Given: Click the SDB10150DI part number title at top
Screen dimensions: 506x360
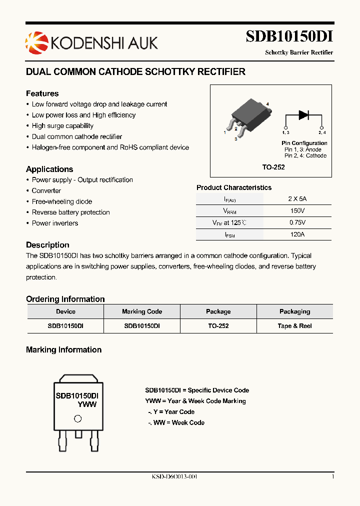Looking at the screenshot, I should pyautogui.click(x=289, y=37).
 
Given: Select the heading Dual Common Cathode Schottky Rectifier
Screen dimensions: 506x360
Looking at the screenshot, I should pyautogui.click(x=135, y=72).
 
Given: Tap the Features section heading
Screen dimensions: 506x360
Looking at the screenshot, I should pyautogui.click(x=42, y=93).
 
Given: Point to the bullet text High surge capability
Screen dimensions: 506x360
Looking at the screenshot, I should pyautogui.click(x=62, y=126).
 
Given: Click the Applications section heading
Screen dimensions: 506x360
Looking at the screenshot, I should pyautogui.click(x=49, y=169).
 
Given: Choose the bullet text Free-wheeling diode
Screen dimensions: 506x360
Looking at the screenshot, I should pyautogui.click(x=62, y=201).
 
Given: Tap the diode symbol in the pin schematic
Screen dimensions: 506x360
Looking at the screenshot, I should pyautogui.click(x=303, y=114).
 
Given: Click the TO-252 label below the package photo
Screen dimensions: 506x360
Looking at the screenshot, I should pyautogui.click(x=273, y=167).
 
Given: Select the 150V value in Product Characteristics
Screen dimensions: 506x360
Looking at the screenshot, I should pyautogui.click(x=297, y=211).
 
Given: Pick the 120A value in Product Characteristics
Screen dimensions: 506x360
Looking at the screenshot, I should pyautogui.click(x=297, y=234).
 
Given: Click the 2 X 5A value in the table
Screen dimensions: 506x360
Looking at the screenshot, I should pyautogui.click(x=297, y=198).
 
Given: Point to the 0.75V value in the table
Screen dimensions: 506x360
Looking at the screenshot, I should pyautogui.click(x=297, y=222).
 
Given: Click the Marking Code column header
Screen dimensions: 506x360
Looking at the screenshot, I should pyautogui.click(x=142, y=311).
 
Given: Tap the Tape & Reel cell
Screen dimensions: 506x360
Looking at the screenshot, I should pyautogui.click(x=294, y=326).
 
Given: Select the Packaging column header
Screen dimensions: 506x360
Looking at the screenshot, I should pyautogui.click(x=294, y=311).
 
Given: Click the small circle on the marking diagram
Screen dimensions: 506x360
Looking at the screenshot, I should pyautogui.click(x=77, y=419).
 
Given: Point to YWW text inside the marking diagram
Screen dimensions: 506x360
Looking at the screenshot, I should pyautogui.click(x=87, y=404).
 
